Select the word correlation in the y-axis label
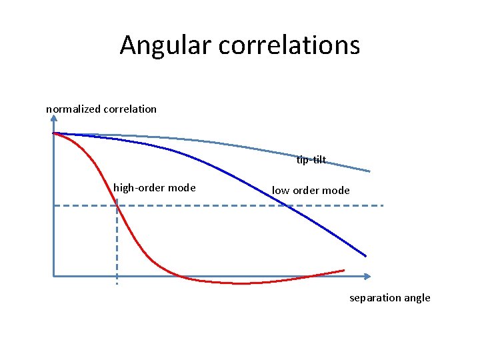(x=130, y=109)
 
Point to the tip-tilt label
(x=311, y=160)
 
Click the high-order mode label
(x=155, y=188)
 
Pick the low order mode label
(x=311, y=191)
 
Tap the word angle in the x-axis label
(x=417, y=298)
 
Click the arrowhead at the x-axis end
(x=368, y=276)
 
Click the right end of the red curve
(x=344, y=270)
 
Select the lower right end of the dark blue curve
(x=366, y=256)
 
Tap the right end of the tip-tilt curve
(x=370, y=171)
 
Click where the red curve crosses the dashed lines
(x=117, y=205)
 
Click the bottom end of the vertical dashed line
(x=117, y=284)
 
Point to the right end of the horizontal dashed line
(x=383, y=205)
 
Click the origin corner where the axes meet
(x=53, y=276)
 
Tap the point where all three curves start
(x=54, y=133)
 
